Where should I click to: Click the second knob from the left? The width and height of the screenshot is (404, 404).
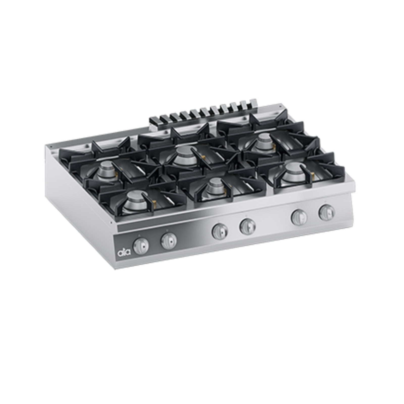click(x=169, y=241)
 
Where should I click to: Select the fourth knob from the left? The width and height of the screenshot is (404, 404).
click(x=247, y=226)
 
